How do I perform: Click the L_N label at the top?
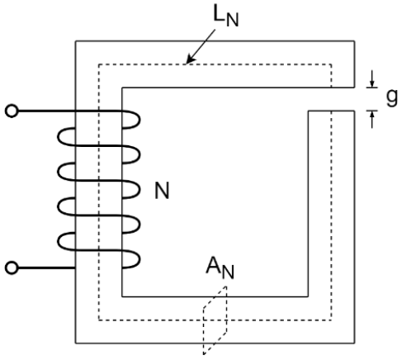click(225, 17)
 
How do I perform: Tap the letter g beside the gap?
click(392, 97)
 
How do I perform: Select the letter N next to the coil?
click(162, 191)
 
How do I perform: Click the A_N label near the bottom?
click(220, 268)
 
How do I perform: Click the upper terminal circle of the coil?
click(12, 111)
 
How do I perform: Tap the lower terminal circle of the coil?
click(12, 268)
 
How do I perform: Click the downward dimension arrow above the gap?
click(372, 78)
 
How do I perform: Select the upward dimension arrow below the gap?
click(372, 120)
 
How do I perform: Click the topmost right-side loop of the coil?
click(140, 120)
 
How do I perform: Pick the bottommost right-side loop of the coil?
click(140, 259)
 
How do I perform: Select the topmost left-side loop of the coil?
click(58, 136)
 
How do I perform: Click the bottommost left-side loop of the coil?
click(58, 241)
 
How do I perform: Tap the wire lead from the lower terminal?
click(47, 268)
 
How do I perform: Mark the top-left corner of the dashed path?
click(99, 64)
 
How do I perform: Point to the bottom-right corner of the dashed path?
click(331, 320)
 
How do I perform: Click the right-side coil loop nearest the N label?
click(140, 189)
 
